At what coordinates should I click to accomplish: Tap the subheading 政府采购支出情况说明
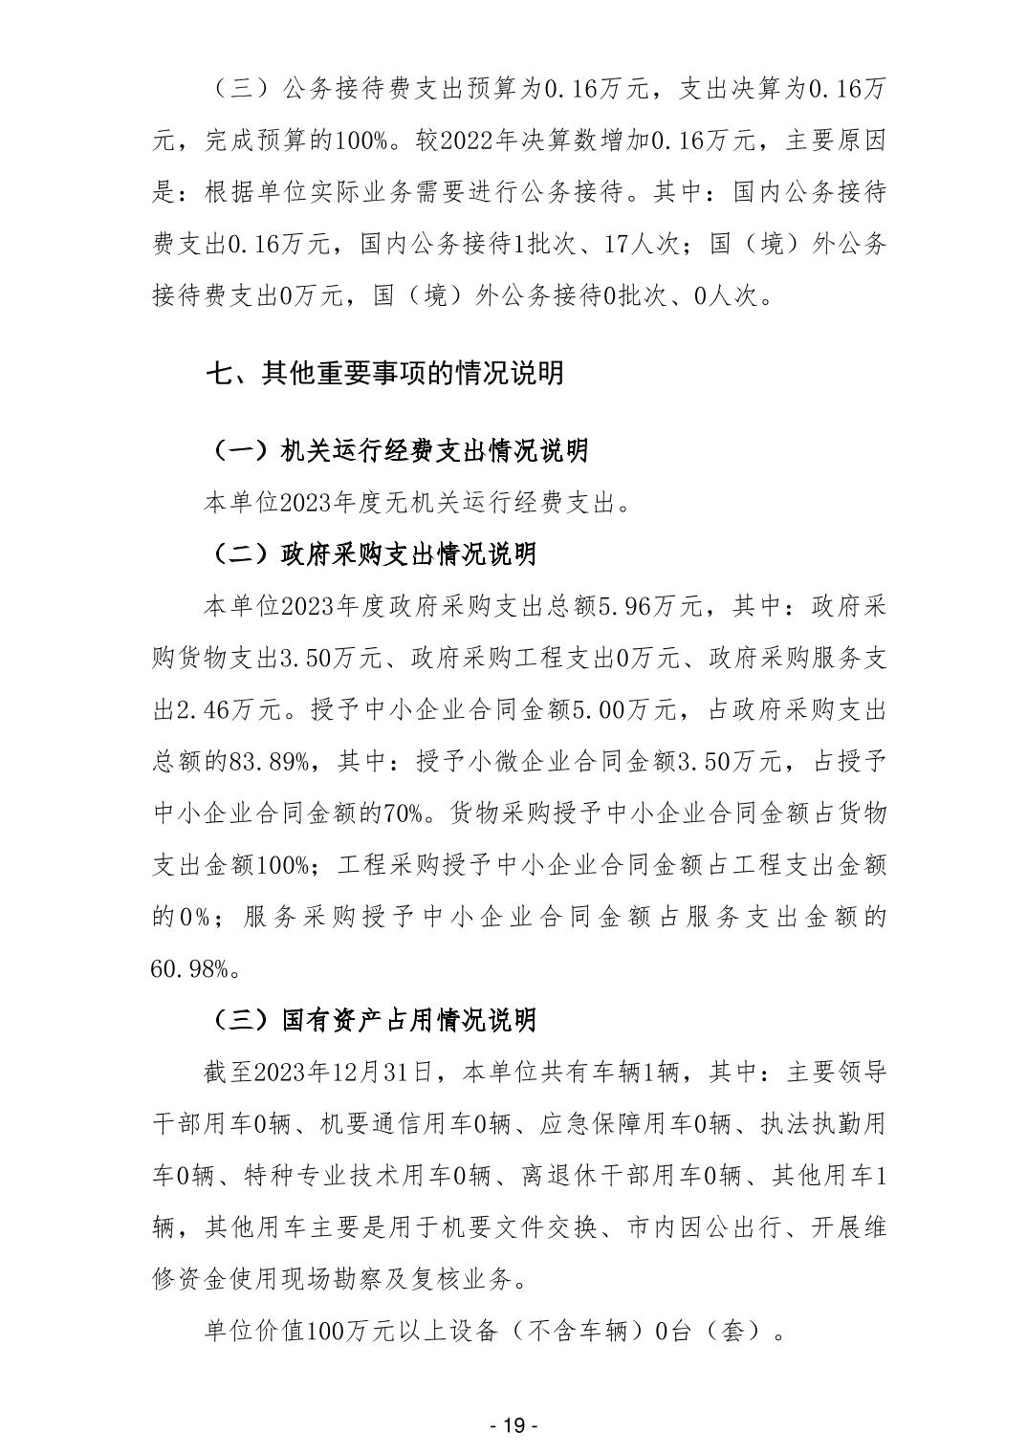(409, 553)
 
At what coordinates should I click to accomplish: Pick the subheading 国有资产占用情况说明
(409, 1020)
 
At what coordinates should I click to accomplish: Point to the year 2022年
(473, 141)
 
